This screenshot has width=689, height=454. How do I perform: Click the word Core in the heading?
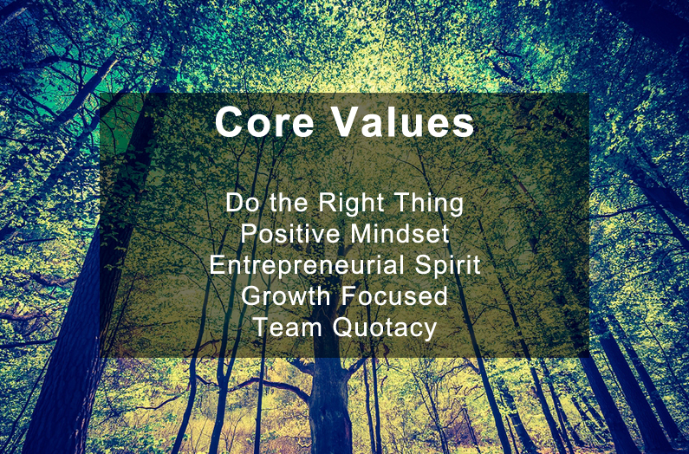coord(264,122)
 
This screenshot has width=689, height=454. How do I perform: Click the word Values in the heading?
coord(404,122)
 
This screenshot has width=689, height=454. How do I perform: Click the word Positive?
coord(290,233)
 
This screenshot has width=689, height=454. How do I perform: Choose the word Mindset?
coord(400,233)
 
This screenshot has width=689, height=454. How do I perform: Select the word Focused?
coord(396,295)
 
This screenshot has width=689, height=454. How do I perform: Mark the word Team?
coord(289,328)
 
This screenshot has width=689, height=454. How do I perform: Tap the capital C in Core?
coord(230,122)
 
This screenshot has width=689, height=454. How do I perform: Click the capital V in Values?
coord(348,122)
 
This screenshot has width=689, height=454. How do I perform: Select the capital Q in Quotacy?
coord(342,328)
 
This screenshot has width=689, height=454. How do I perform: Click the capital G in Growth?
coord(251,295)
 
